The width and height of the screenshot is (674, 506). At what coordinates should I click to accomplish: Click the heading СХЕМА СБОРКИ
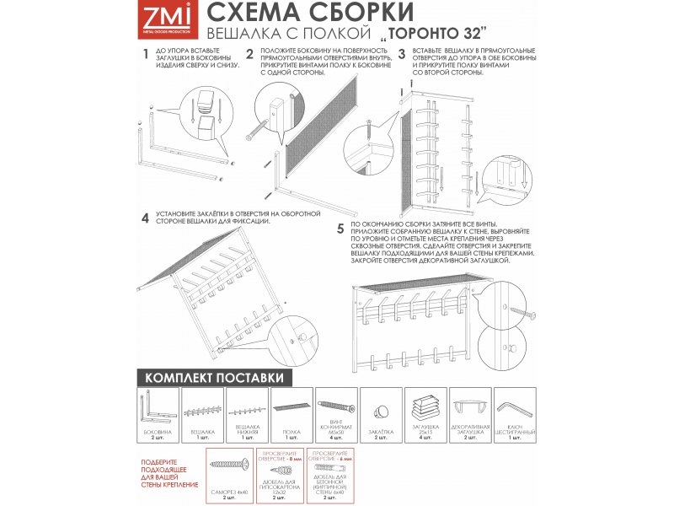[x=310, y=13]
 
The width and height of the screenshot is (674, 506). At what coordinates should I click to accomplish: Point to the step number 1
[x=145, y=53]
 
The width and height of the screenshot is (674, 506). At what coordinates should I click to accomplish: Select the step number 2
[x=249, y=53]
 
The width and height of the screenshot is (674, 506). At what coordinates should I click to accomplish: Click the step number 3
[x=402, y=53]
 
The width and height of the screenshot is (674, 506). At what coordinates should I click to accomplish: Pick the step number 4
[x=145, y=218]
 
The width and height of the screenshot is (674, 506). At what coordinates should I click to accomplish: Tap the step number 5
[x=340, y=229]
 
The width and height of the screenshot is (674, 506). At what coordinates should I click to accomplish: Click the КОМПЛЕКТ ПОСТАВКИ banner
[x=214, y=377]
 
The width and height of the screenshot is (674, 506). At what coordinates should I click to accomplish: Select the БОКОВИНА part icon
[x=157, y=409]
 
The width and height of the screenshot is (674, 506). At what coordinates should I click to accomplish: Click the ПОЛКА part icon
[x=292, y=409]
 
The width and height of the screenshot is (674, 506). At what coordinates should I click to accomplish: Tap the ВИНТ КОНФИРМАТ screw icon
[x=336, y=407]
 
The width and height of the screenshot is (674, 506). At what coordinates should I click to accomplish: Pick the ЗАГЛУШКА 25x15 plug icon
[x=425, y=408]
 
